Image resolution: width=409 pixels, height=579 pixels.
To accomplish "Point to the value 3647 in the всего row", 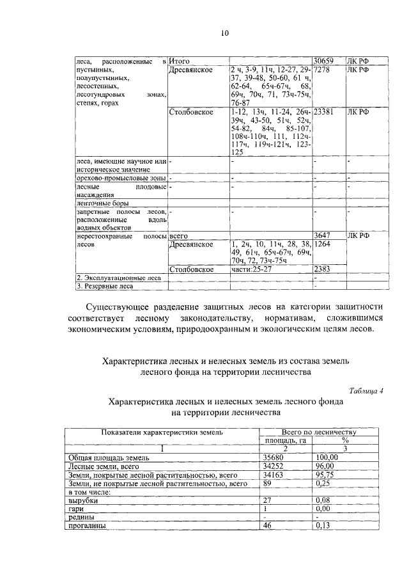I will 323,235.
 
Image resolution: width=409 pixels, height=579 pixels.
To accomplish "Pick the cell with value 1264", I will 323,244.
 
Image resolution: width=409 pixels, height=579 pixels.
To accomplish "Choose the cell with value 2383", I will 323,269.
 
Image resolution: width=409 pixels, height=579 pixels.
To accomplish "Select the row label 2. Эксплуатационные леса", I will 110,278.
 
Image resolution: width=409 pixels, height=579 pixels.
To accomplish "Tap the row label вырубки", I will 82,500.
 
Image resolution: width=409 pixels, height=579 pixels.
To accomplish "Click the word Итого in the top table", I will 180,60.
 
